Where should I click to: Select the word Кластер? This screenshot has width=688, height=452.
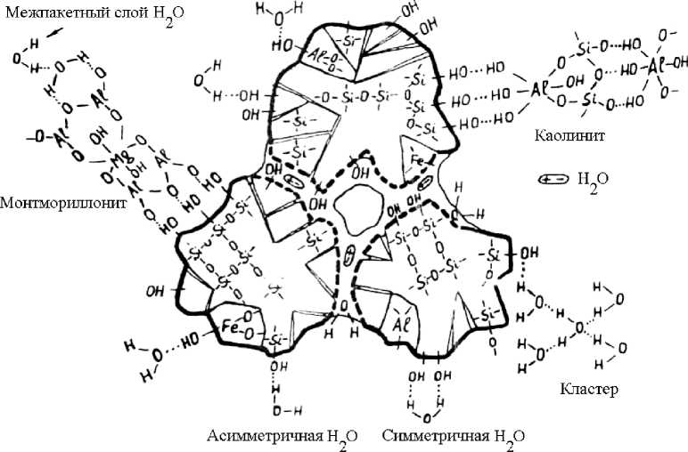tap(589, 389)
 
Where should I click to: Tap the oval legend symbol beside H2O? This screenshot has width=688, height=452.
tap(553, 178)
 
